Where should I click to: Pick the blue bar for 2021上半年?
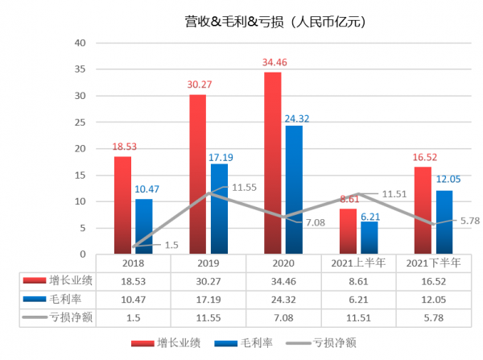(369, 237)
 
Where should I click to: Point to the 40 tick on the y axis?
(78, 43)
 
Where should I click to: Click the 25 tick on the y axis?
(78, 122)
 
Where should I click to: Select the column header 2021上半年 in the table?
(360, 263)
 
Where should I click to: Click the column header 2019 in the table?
(208, 263)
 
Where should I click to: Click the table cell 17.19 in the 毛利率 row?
(208, 298)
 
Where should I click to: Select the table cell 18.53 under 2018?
(134, 280)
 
